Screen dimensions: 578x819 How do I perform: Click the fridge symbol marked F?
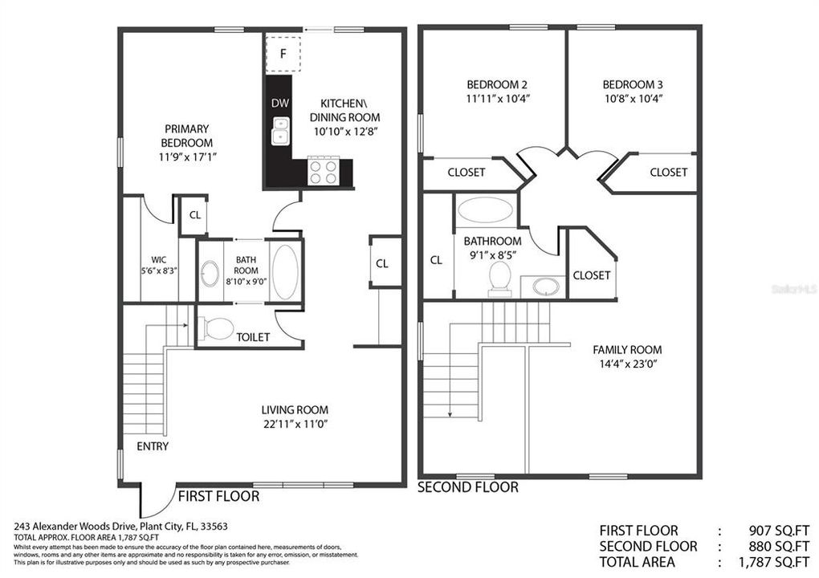[283, 54]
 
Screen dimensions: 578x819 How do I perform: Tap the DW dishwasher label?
[279, 104]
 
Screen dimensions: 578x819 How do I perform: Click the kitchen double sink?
[280, 132]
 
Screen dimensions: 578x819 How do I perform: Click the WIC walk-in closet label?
[159, 259]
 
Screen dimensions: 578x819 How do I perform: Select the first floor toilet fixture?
[216, 329]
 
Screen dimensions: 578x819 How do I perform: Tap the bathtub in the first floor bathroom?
[285, 271]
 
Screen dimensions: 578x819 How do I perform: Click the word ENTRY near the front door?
[153, 446]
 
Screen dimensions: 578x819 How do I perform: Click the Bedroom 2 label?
[497, 84]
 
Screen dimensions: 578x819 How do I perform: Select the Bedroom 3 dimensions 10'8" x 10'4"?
[632, 99]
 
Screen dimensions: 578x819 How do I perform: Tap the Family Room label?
[627, 349]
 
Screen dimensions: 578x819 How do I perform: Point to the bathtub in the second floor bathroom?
[485, 211]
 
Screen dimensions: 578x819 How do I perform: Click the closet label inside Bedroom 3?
[668, 172]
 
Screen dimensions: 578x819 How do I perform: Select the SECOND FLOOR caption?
[468, 487]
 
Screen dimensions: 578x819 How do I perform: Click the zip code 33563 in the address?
[193, 527]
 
